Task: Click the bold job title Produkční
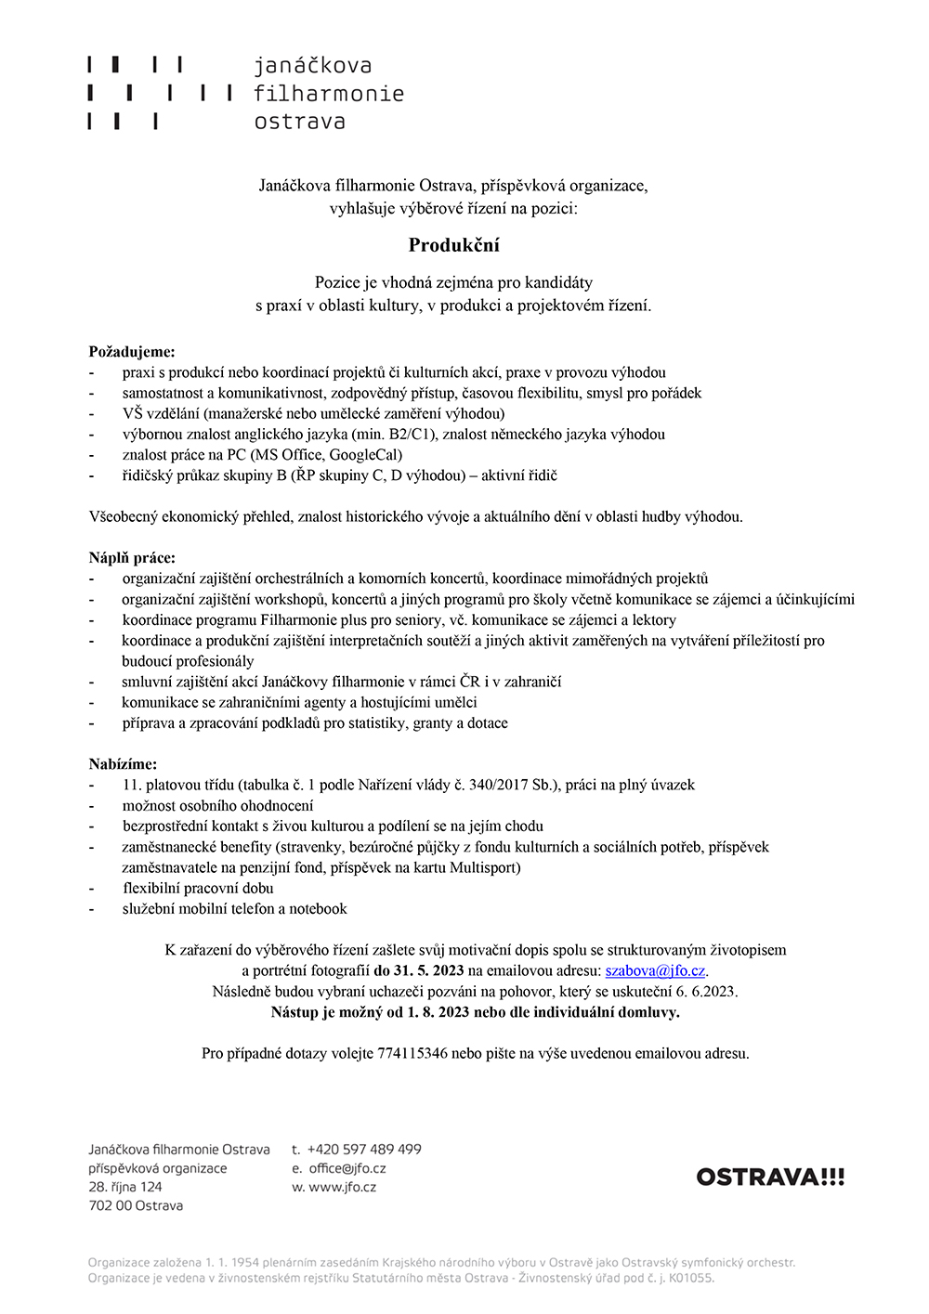point(454,245)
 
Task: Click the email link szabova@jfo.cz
point(655,970)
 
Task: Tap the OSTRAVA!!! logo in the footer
point(770,1177)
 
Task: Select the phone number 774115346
point(412,1053)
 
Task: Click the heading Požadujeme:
point(132,352)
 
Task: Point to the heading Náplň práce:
point(132,558)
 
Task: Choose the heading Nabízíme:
point(124,764)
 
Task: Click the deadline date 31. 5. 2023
point(428,970)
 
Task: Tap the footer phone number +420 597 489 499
point(364,1150)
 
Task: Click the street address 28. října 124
point(125,1187)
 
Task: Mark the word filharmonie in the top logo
point(329,94)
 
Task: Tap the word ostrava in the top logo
point(299,122)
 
